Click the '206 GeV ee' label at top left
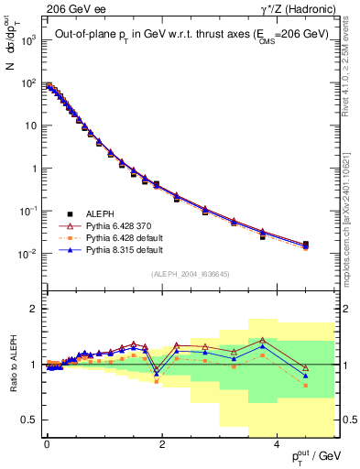click(64, 8)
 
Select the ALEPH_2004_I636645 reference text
click(190, 273)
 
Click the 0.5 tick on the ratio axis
click(28, 420)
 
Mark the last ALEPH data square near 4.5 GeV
click(305, 245)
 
